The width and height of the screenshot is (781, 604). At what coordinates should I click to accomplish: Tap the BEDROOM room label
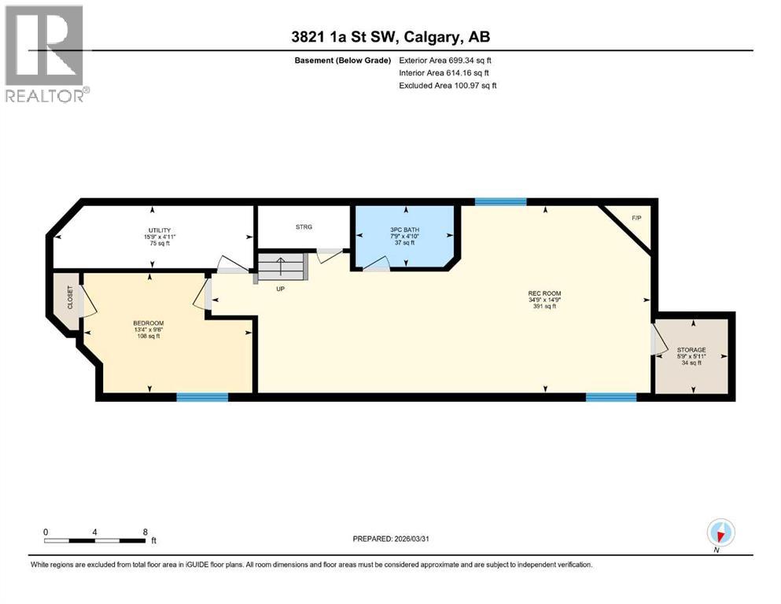[x=148, y=323]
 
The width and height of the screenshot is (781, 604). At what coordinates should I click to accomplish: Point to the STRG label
[x=304, y=226]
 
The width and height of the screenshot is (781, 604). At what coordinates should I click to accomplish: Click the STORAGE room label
[x=692, y=350]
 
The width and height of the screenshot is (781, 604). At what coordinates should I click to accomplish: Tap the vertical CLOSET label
[x=69, y=297]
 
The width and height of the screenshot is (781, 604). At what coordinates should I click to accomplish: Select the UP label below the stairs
[x=279, y=289]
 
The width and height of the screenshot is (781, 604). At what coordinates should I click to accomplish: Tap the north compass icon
[x=720, y=532]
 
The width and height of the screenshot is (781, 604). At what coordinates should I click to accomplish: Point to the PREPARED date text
[x=390, y=539]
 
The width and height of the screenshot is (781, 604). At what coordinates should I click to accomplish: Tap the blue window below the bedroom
[x=202, y=397]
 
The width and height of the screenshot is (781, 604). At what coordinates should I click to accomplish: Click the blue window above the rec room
[x=501, y=202]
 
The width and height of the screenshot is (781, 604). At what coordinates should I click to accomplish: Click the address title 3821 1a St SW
[x=390, y=37]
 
